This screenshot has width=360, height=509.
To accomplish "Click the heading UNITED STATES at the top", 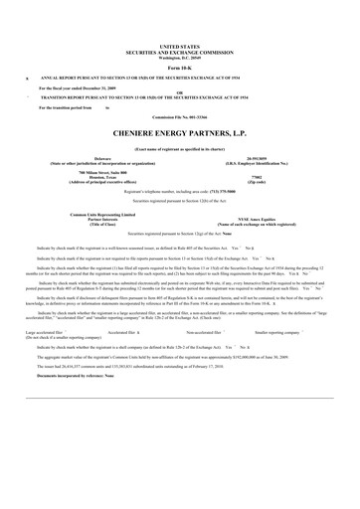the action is coord(179,46).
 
